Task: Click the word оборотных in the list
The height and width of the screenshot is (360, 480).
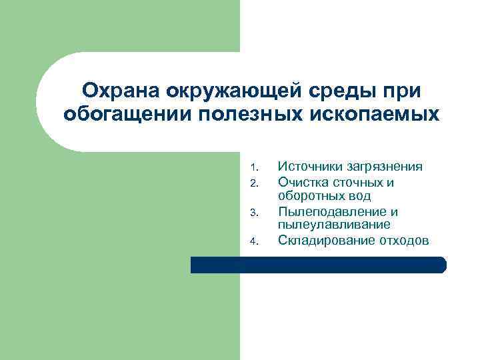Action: [310, 196]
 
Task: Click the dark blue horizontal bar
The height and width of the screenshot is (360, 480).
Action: [318, 265]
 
